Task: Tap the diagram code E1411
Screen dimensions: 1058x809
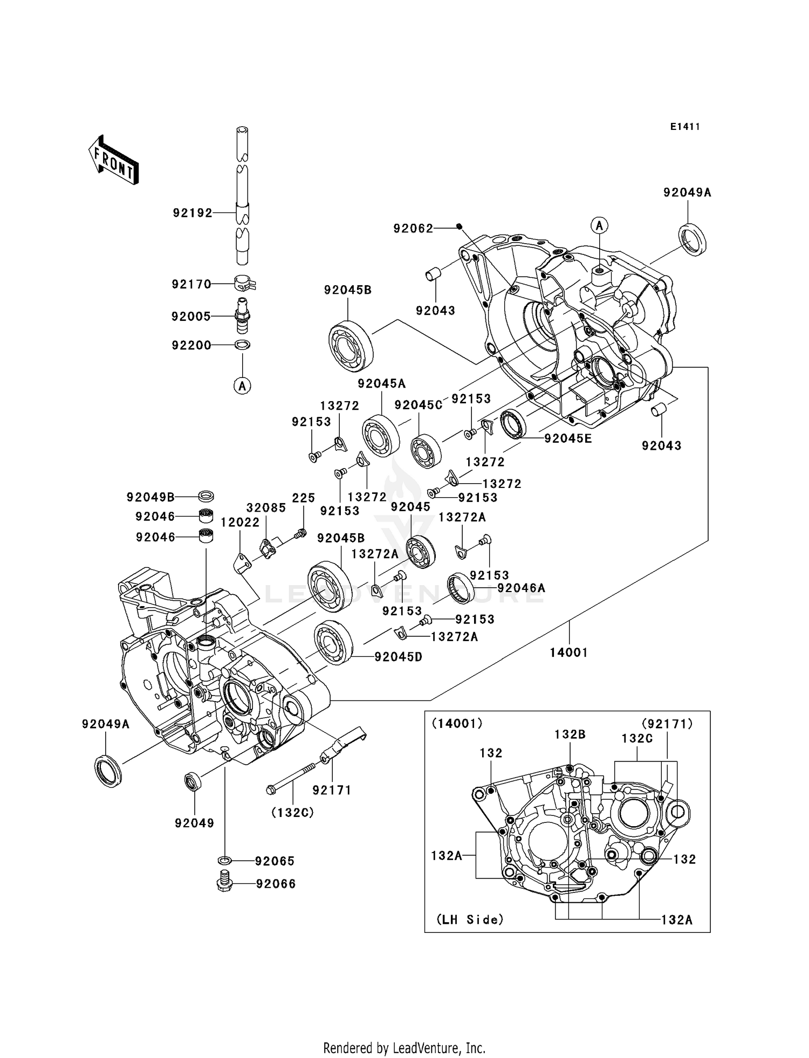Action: point(685,127)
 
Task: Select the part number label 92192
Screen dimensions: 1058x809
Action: point(193,213)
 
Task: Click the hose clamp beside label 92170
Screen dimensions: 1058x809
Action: point(244,283)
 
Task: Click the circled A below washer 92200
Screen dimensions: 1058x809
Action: point(243,386)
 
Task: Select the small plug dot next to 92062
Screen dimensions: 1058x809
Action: point(459,226)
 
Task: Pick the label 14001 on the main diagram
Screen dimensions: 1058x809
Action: point(568,652)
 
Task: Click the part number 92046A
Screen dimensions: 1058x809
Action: point(521,588)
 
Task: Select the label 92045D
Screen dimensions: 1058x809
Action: point(399,657)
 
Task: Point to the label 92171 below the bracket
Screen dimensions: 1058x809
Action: point(332,790)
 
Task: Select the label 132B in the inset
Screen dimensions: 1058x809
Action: point(570,734)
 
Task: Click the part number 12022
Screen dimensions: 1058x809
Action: point(240,522)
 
